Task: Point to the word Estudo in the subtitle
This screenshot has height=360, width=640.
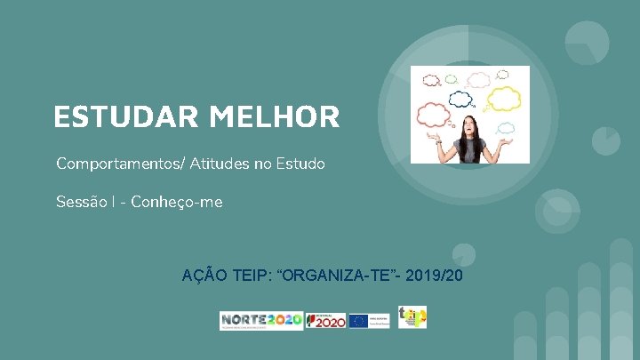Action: (x=302, y=164)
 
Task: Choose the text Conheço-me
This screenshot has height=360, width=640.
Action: (x=177, y=203)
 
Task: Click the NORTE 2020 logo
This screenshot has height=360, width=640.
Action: (x=261, y=321)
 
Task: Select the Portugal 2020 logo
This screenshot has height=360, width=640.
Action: (x=325, y=321)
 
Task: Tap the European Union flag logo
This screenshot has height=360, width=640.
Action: (x=359, y=321)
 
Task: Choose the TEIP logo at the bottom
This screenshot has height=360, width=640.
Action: (x=412, y=316)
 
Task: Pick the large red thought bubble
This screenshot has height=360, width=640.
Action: (x=436, y=114)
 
